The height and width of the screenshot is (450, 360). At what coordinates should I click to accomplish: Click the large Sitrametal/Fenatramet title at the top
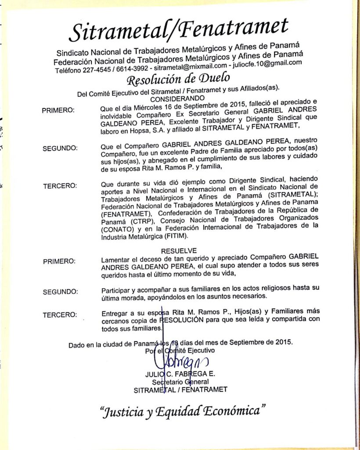(x=179, y=30)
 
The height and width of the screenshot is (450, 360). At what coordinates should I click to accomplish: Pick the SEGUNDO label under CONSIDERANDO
(x=60, y=149)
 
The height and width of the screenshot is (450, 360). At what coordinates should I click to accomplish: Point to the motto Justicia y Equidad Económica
(x=183, y=413)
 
